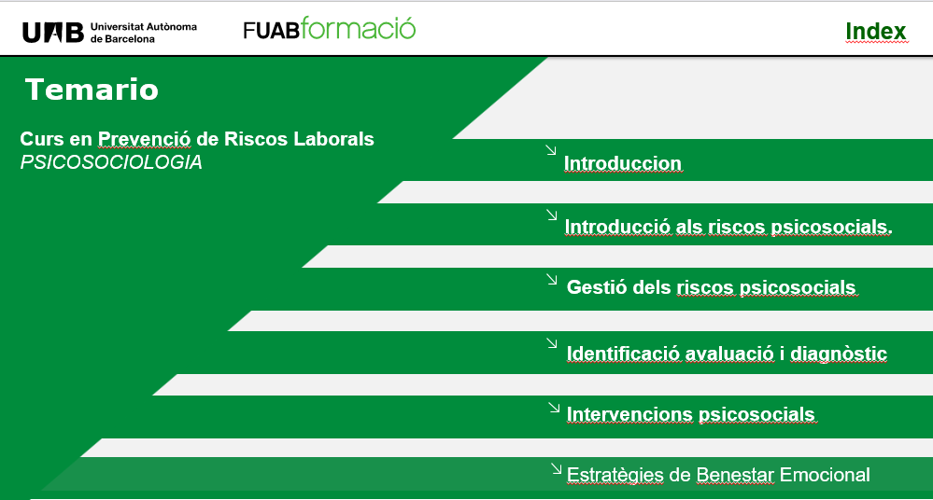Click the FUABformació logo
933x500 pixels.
(329, 29)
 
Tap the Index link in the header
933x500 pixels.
(875, 32)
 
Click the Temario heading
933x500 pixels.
(92, 90)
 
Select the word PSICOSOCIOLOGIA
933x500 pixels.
(111, 162)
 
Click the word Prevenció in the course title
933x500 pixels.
(145, 139)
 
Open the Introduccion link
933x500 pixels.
(622, 164)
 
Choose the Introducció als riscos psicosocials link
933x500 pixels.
(728, 227)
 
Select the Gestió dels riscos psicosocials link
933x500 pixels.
(711, 287)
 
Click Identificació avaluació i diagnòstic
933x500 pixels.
(727, 354)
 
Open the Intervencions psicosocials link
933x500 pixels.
(690, 414)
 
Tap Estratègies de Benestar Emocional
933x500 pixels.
(718, 475)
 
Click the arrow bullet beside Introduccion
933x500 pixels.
(551, 150)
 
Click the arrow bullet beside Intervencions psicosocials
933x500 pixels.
(553, 407)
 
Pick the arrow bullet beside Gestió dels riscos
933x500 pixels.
(552, 279)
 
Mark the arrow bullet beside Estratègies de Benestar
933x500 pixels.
(557, 468)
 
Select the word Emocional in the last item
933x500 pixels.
(825, 475)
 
